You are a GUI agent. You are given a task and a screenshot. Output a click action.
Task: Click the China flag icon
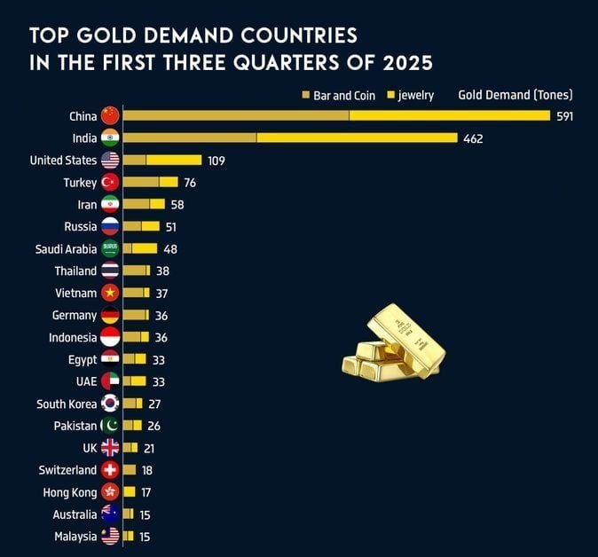[110, 116]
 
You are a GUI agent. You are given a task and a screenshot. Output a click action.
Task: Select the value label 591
[565, 116]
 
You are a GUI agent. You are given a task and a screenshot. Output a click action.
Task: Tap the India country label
[84, 138]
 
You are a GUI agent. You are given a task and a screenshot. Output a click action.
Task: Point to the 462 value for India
[473, 138]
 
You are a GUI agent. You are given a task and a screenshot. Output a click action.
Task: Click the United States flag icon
[110, 161]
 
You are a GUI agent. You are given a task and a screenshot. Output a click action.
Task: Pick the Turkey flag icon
[110, 183]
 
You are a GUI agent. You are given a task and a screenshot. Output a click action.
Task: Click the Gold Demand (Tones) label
[515, 95]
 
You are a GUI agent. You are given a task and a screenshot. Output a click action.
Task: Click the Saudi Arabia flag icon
[110, 249]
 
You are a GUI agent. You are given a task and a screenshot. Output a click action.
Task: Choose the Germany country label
[75, 316]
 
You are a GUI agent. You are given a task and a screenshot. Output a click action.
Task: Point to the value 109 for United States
[216, 161]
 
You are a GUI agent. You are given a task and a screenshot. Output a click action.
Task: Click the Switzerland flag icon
[110, 470]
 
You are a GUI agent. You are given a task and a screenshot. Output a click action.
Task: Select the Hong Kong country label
[70, 492]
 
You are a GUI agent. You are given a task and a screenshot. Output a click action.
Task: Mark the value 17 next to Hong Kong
[146, 492]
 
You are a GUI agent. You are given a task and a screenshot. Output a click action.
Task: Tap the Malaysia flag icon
[110, 536]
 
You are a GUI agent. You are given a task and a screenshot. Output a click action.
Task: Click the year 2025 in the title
[406, 63]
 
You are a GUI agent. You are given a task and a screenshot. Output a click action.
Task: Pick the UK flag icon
[110, 448]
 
